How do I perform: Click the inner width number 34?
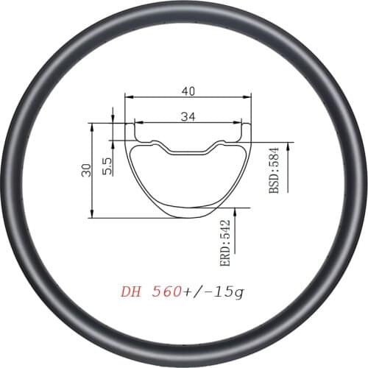pyautogui.click(x=188, y=115)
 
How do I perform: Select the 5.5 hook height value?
pyautogui.click(x=107, y=165)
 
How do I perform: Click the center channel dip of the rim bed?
pyautogui.click(x=188, y=152)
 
